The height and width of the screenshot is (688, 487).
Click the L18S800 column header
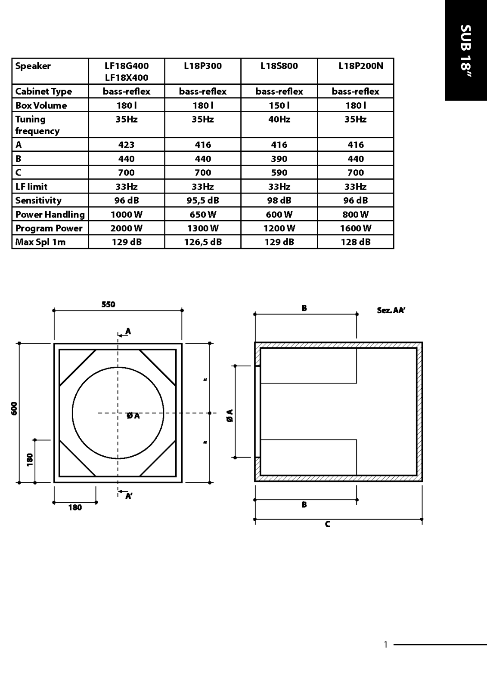point(279,66)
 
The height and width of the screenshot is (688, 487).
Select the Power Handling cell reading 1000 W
point(127,215)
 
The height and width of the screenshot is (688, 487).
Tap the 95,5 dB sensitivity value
point(203,200)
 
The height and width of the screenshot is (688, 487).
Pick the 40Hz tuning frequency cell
point(279,119)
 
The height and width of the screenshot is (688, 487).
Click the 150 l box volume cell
point(279,105)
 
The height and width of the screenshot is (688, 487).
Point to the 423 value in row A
point(127,144)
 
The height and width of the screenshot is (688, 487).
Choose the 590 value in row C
point(279,172)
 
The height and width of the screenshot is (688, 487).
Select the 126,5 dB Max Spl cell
point(203,242)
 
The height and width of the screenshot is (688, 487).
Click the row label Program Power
point(49,228)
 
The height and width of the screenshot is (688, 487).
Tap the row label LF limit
point(31,187)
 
